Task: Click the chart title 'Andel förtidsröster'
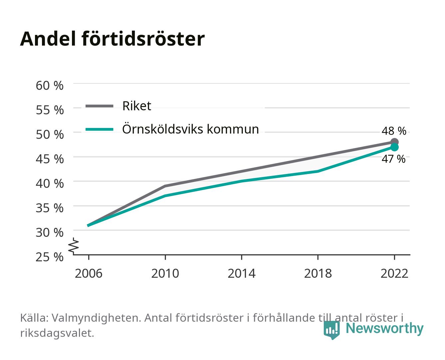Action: click(x=112, y=39)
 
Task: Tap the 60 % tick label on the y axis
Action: click(x=50, y=86)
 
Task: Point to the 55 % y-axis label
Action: click(x=50, y=110)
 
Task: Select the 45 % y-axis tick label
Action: click(x=50, y=159)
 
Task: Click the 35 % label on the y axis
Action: click(x=50, y=208)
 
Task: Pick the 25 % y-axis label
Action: click(x=50, y=257)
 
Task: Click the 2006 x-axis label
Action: click(x=89, y=273)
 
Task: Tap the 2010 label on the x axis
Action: click(x=165, y=273)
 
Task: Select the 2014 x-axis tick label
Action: click(x=241, y=273)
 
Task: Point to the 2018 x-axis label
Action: click(x=318, y=273)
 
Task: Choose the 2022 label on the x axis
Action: click(x=394, y=273)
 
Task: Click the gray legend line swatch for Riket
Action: click(x=100, y=106)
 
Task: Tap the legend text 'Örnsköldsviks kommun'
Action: click(x=191, y=129)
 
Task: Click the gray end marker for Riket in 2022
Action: click(x=394, y=142)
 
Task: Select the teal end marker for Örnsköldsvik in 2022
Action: click(x=394, y=147)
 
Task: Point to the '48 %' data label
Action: click(x=394, y=131)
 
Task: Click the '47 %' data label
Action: click(x=393, y=159)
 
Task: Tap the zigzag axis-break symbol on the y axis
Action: click(x=74, y=246)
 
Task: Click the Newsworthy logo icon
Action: click(x=331, y=330)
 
